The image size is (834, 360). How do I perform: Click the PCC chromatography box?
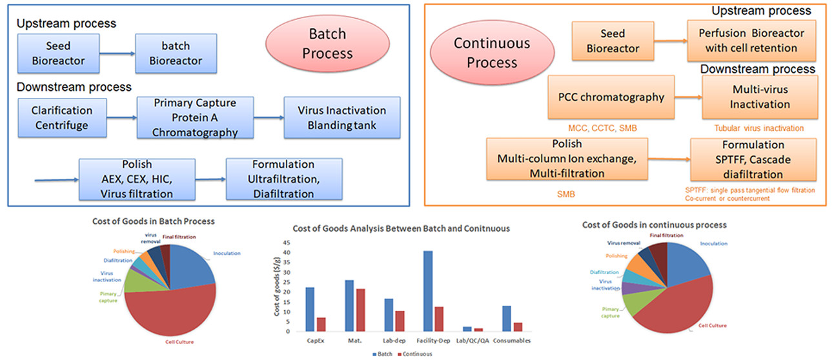610,97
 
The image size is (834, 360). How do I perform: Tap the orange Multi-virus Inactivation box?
760,97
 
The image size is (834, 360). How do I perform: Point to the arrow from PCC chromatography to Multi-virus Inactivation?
688,98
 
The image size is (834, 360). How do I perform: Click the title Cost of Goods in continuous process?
654,225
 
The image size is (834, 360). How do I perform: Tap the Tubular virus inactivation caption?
760,128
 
